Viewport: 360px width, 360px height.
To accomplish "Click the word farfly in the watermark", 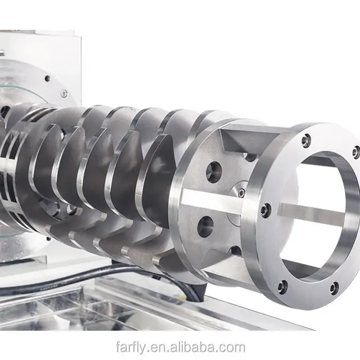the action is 130,348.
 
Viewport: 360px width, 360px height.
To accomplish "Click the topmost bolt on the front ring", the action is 306,139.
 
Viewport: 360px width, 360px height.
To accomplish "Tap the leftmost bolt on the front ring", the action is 266,209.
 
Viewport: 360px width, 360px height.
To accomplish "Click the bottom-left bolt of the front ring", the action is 282,287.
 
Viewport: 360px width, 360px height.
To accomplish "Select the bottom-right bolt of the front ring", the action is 334,287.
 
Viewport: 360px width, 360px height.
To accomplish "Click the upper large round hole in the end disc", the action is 214,172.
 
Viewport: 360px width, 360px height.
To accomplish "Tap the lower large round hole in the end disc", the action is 205,226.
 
